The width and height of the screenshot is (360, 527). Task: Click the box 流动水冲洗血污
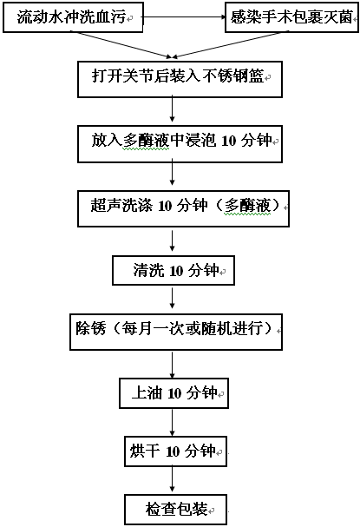tap(73, 17)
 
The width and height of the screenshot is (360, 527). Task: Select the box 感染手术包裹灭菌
tap(291, 17)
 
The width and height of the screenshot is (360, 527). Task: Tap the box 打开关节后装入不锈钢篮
tap(180, 79)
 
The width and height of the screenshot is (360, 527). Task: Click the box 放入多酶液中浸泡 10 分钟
tap(180, 144)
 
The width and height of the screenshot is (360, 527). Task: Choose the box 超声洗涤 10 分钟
tap(183, 208)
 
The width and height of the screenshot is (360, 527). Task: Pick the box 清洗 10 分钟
tap(173, 271)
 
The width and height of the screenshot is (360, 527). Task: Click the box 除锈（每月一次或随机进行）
tap(176, 332)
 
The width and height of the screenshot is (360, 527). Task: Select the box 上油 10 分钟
tap(174, 393)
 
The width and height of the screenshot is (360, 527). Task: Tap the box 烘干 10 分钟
tap(175, 451)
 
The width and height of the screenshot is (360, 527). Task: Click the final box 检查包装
tap(175, 510)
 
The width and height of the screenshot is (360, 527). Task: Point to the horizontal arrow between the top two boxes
tap(184, 17)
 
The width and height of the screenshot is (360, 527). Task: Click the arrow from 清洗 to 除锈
tap(173, 299)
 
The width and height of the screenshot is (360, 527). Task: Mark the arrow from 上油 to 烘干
tap(173, 422)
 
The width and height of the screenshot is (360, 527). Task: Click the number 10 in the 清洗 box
tap(176, 271)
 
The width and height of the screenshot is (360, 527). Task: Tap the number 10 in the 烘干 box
tap(173, 451)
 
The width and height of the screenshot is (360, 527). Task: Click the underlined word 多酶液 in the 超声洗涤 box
tap(247, 206)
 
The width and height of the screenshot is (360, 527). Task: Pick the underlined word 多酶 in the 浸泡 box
tap(138, 141)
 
